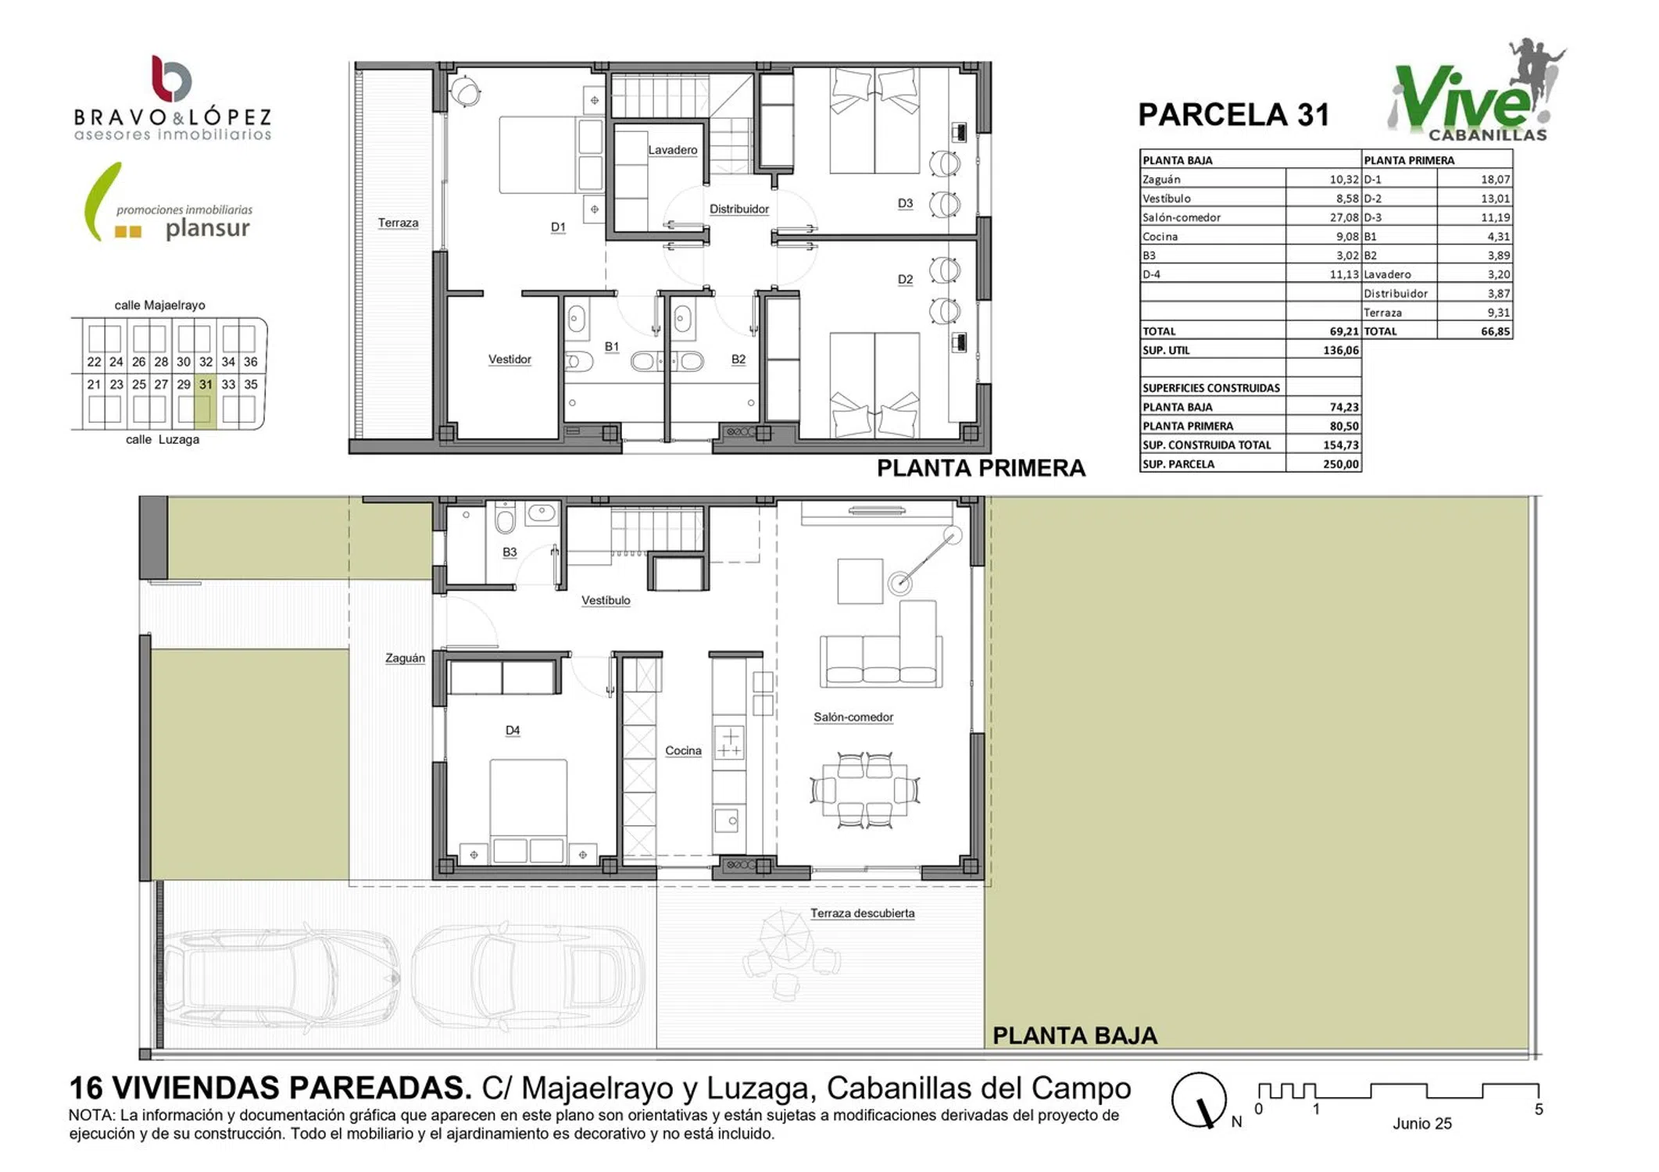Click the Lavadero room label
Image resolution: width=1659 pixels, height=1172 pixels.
tap(672, 150)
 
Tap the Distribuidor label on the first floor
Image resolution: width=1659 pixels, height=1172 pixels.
tap(738, 209)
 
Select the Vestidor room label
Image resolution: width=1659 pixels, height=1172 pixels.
tap(509, 359)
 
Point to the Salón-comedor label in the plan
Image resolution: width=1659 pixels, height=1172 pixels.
tap(853, 717)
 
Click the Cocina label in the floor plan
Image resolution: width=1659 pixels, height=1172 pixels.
tap(683, 751)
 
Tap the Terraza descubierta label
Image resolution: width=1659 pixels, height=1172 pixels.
tap(862, 913)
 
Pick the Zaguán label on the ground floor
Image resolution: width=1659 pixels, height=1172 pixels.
tap(405, 659)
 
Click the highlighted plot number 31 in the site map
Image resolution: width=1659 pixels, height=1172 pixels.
tap(206, 384)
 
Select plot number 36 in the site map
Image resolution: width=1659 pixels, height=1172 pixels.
tap(250, 362)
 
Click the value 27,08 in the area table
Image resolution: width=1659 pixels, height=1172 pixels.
tap(1344, 217)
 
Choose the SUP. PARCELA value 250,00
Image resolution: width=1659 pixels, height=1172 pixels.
tap(1341, 464)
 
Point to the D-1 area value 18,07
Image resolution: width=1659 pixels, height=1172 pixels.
tap(1495, 180)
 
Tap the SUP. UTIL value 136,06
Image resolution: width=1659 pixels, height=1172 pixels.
tap(1341, 350)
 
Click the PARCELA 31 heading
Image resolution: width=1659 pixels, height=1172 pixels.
tap(1233, 115)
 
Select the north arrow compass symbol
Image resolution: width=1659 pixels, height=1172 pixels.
tap(1199, 1100)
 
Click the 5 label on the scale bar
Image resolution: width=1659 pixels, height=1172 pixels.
tap(1539, 1109)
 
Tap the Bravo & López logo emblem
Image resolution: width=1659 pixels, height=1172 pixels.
tap(171, 78)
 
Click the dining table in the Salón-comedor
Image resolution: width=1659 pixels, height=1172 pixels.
tap(864, 790)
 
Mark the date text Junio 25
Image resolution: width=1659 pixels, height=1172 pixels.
tap(1421, 1124)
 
